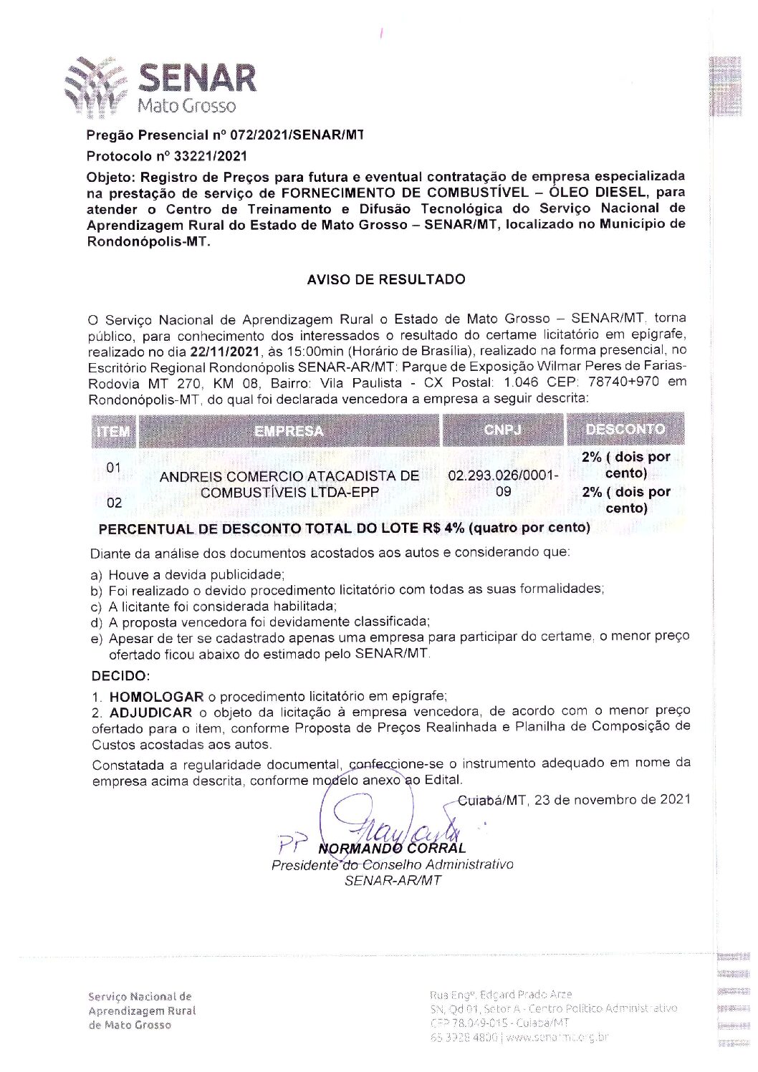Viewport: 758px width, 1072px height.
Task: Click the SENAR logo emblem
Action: pyautogui.click(x=96, y=87)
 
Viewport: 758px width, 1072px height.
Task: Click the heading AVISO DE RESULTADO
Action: pyautogui.click(x=385, y=279)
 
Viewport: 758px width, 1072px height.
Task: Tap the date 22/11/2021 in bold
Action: pyautogui.click(x=221, y=351)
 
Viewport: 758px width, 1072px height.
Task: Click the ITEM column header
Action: pyautogui.click(x=113, y=431)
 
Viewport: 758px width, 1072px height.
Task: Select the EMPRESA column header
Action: pyautogui.click(x=289, y=430)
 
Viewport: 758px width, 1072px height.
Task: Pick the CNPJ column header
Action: pyautogui.click(x=502, y=430)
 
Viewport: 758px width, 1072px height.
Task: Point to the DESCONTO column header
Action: pyautogui.click(x=625, y=430)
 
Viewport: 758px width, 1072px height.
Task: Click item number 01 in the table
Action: pyautogui.click(x=114, y=468)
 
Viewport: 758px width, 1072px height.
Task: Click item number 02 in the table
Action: pyautogui.click(x=115, y=503)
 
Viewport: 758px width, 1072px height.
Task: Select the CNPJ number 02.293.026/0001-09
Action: pyautogui.click(x=503, y=483)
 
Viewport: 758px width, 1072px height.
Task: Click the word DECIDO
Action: pyautogui.click(x=120, y=676)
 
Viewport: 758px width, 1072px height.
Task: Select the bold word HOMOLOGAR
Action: pyautogui.click(x=157, y=696)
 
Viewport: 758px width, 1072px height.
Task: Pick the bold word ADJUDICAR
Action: pyautogui.click(x=150, y=713)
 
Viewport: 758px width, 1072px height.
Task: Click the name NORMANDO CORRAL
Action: pyautogui.click(x=393, y=849)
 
